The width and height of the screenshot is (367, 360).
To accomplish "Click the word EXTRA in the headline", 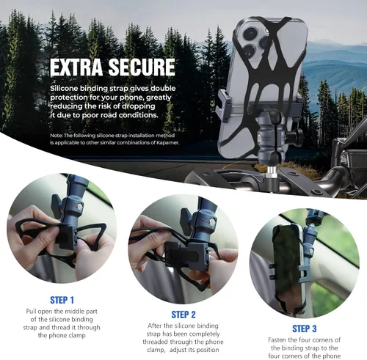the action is (76, 67).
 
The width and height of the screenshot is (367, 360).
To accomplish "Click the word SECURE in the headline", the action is (142, 67).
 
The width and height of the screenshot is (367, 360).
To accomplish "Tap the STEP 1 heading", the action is (62, 300).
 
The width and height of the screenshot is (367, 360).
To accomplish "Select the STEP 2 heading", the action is (183, 315).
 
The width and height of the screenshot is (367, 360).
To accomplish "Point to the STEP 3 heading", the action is (305, 328).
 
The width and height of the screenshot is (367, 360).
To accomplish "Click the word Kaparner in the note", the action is (168, 142).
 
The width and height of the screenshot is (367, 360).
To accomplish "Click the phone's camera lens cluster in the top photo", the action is (255, 41).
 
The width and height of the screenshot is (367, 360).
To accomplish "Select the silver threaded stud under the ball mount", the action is (270, 172).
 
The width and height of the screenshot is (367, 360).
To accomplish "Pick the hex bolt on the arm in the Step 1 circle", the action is (80, 207).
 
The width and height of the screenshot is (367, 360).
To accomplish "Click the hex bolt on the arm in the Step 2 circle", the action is (212, 222).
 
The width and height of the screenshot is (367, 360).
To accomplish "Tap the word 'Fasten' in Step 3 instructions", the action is (277, 340).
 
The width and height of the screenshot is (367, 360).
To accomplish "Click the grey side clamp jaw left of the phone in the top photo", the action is (224, 106).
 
